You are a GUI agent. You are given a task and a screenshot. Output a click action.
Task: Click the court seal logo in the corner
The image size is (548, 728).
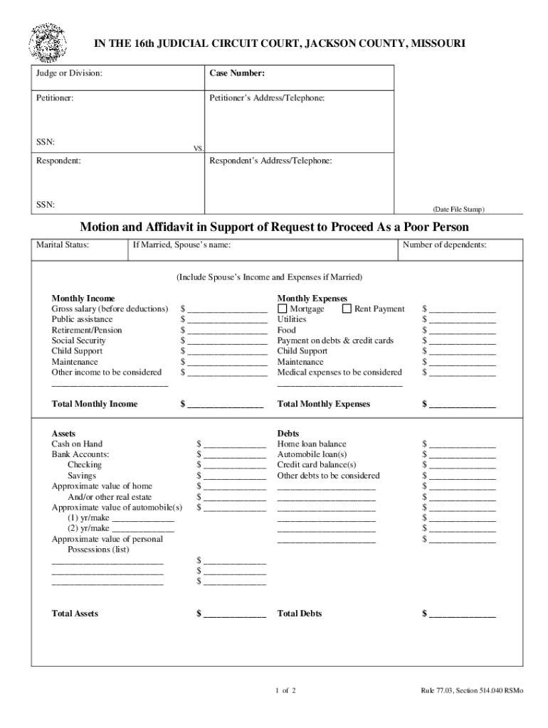tap(48, 43)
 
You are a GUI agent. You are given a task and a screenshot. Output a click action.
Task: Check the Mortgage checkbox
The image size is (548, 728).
tap(283, 309)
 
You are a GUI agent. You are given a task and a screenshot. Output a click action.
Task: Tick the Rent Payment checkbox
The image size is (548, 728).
tap(347, 309)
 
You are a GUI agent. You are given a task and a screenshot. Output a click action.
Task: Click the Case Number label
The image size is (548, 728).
tap(237, 73)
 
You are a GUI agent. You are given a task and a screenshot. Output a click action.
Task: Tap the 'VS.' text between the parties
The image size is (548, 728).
tap(199, 149)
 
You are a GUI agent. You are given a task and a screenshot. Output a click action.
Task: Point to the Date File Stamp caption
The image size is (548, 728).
tap(458, 209)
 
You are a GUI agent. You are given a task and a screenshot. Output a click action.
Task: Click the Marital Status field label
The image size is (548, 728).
tap(63, 245)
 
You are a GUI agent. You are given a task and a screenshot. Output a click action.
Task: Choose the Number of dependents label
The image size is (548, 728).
tap(445, 245)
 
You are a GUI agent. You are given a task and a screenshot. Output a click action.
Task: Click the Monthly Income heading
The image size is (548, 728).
tap(83, 299)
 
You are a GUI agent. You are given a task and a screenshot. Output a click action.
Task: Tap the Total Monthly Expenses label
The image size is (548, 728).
tap(324, 404)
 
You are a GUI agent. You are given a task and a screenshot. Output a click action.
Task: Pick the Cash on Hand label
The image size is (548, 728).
tap(77, 444)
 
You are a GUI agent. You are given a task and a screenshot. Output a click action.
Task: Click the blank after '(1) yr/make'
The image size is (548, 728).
tap(143, 519)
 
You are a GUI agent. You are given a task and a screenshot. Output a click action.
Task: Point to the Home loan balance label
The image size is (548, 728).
tap(312, 444)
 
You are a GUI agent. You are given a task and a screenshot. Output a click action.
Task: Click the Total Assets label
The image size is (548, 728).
tap(75, 613)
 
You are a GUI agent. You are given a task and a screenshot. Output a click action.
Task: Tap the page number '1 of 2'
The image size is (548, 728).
tap(285, 690)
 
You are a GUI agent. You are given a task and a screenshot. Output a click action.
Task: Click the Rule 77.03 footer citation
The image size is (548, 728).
tap(471, 690)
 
